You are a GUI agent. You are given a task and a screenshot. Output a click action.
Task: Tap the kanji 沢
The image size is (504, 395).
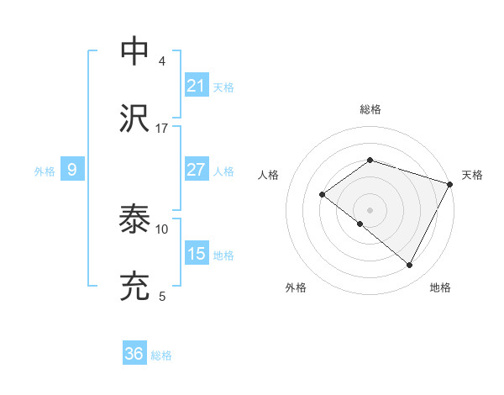pos(136,118)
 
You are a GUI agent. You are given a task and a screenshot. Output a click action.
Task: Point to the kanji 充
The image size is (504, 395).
pos(136,286)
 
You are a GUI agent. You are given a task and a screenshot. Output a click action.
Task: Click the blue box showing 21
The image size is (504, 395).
pos(197,86)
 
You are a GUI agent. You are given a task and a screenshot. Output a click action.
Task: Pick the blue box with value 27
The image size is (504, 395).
pos(197,170)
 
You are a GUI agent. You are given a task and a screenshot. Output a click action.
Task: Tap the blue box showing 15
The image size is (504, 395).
pos(197,254)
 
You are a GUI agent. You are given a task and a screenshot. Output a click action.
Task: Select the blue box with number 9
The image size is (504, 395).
pos(72,170)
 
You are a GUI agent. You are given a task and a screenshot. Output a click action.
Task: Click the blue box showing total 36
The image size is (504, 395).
pos(134,354)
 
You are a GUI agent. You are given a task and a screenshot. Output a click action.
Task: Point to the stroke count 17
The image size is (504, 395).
pos(162,129)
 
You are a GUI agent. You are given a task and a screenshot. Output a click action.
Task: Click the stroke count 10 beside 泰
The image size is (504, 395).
pos(162,229)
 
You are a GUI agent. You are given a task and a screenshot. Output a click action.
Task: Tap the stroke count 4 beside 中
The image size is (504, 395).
pos(162,61)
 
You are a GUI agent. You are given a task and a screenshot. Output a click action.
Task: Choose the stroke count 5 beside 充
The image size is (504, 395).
pos(162,296)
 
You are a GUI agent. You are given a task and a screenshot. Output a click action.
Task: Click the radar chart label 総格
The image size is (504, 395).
pos(370,109)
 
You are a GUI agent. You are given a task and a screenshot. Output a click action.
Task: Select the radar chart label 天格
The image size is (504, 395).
pos(472,175)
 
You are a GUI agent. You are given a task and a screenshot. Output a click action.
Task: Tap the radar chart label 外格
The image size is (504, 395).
pos(296,288)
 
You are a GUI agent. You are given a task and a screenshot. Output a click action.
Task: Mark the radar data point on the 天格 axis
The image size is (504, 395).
pos(450,183)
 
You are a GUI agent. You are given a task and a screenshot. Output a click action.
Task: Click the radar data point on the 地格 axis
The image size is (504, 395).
pos(410,266)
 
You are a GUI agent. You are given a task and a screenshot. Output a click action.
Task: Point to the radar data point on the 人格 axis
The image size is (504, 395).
pos(322,194)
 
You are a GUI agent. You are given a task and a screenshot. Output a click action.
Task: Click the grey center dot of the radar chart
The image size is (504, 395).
pos(370,210)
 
